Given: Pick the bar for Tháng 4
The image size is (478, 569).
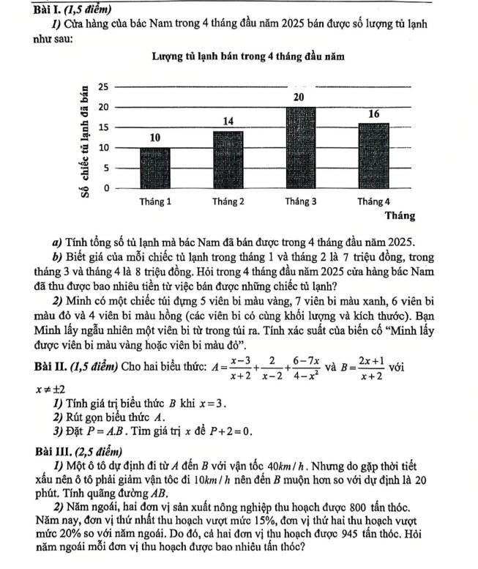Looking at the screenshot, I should point(373,156).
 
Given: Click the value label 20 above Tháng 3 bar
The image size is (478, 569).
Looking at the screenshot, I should point(299,98).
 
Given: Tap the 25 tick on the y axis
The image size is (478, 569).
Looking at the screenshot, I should point(102,87).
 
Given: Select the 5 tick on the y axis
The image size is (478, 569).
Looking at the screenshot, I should point(105,168).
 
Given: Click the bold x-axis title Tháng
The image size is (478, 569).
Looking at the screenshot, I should point(400,217).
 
